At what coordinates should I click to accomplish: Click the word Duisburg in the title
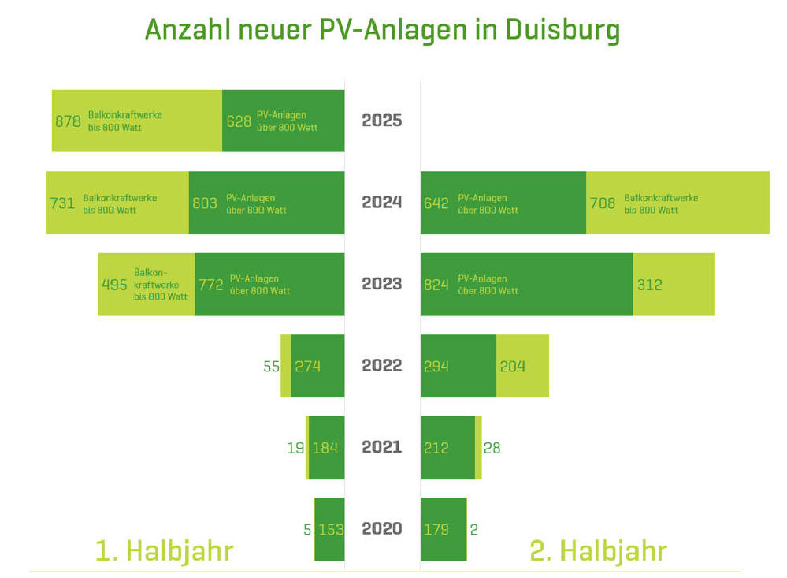click(x=562, y=31)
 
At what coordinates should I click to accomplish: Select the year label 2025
click(x=382, y=120)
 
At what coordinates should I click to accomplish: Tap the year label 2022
click(x=382, y=365)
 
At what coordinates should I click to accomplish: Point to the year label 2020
click(x=382, y=529)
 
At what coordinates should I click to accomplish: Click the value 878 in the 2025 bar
click(x=68, y=121)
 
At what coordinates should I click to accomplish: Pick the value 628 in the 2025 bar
click(x=239, y=121)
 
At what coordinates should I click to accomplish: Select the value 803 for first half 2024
click(x=205, y=203)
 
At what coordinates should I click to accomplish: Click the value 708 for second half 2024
click(x=603, y=203)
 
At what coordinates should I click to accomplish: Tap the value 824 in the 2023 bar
click(x=436, y=285)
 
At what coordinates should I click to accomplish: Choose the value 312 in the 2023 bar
click(x=649, y=285)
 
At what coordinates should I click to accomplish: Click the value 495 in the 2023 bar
click(x=114, y=285)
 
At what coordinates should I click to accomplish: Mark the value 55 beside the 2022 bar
click(x=272, y=367)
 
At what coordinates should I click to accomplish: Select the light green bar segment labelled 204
click(x=522, y=366)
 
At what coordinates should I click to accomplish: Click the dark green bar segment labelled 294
click(x=458, y=366)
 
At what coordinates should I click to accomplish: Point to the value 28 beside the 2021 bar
click(x=492, y=448)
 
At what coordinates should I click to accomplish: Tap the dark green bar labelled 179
click(x=444, y=529)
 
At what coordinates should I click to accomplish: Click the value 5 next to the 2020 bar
click(x=307, y=530)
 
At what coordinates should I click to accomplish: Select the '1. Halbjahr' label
click(x=164, y=551)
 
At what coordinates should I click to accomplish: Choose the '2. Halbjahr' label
click(x=598, y=551)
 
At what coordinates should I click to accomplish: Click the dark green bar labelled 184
click(x=327, y=448)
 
